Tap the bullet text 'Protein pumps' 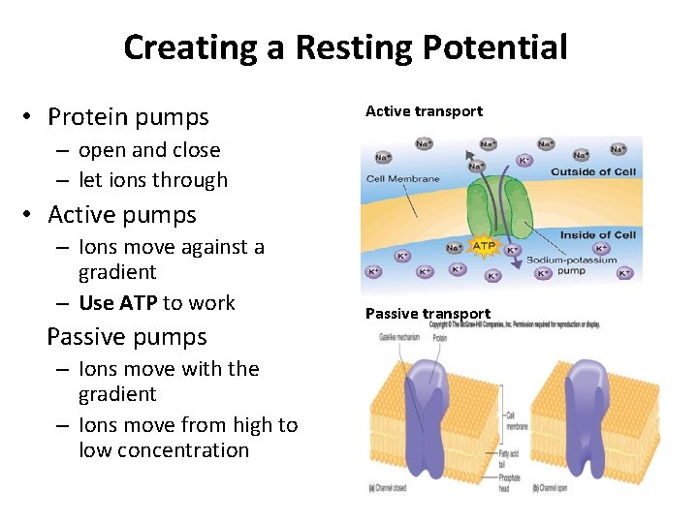coord(128,117)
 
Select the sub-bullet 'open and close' coord(149,150)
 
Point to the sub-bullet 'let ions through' coord(153,180)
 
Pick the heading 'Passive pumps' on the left coord(127,337)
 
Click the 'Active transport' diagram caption coord(424,111)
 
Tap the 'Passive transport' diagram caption coord(428,314)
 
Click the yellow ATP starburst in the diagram coord(484,246)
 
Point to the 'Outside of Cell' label coord(593,172)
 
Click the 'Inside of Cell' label coord(597,235)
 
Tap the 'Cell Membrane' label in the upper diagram coord(402,178)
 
